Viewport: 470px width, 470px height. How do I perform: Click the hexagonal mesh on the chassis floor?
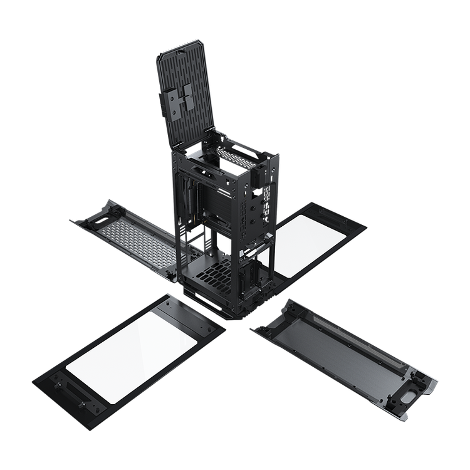(216, 274)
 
